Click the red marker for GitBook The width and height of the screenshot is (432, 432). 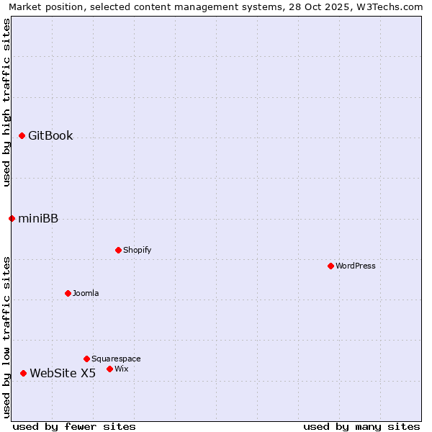[x=22, y=135]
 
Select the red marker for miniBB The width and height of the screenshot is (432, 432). [x=12, y=218]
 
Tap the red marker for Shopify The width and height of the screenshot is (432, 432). [x=118, y=250]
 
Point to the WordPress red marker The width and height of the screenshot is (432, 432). [x=330, y=266]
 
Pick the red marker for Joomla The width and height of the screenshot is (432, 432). [x=68, y=293]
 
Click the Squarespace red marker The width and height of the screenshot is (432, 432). [x=86, y=359]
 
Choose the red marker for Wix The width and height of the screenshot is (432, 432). [x=109, y=369]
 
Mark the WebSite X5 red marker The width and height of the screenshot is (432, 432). [x=23, y=373]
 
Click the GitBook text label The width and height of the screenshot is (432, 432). [x=50, y=135]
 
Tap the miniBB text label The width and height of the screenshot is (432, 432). [x=38, y=219]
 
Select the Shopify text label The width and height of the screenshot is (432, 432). [x=137, y=250]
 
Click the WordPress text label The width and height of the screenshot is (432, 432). [x=356, y=266]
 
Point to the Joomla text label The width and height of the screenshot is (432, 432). [x=86, y=293]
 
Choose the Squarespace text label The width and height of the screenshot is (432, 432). [x=116, y=359]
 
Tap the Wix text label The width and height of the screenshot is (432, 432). [x=122, y=369]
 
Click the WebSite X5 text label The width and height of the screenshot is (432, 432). [x=63, y=373]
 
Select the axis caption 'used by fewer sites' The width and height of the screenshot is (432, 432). [x=74, y=426]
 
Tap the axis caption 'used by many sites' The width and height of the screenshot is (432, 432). [x=361, y=426]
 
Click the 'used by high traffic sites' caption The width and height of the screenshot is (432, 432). [x=6, y=102]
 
